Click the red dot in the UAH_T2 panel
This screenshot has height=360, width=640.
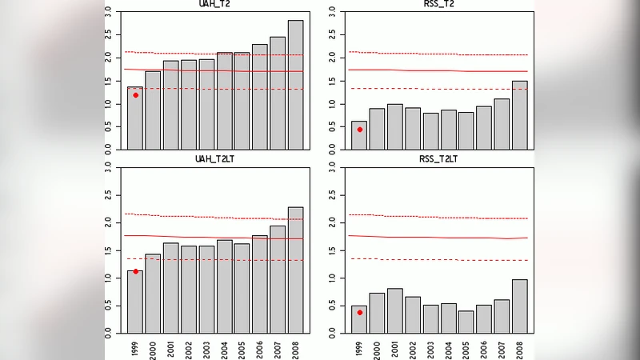pyautogui.click(x=135, y=95)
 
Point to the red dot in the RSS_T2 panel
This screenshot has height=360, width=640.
pyautogui.click(x=360, y=129)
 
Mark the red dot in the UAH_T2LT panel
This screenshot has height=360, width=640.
pyautogui.click(x=135, y=271)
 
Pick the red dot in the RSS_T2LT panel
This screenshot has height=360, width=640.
pyautogui.click(x=360, y=312)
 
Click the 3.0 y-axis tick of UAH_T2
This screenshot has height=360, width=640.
pyautogui.click(x=110, y=13)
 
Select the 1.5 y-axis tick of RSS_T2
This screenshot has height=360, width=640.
pyautogui.click(x=335, y=81)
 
